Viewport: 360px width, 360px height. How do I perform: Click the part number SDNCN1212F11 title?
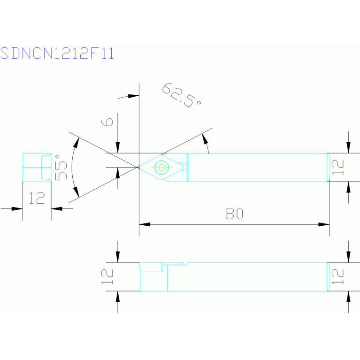pos(57,53)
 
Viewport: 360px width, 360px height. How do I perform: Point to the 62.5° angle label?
pos(181,95)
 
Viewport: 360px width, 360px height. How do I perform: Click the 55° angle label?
pos(61,168)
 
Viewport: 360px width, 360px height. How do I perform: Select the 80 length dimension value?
pos(234,214)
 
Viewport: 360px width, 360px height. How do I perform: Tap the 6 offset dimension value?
pos(107,122)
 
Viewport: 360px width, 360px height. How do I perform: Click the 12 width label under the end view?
pos(37,198)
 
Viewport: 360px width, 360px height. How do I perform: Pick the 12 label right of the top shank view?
pos(337,168)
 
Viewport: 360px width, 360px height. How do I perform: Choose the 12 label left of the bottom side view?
pos(107,276)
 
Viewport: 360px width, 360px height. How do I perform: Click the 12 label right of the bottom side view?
pos(337,276)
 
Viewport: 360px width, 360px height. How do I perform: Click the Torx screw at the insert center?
pos(161,167)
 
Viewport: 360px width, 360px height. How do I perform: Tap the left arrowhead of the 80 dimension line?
pos(145,224)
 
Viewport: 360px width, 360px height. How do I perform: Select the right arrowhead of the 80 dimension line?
pos(324,224)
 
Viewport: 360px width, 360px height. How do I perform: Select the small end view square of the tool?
pos(37,168)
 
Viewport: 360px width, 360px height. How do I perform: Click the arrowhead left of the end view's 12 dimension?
pos(17,209)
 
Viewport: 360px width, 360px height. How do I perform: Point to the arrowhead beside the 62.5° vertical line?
pos(134,96)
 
